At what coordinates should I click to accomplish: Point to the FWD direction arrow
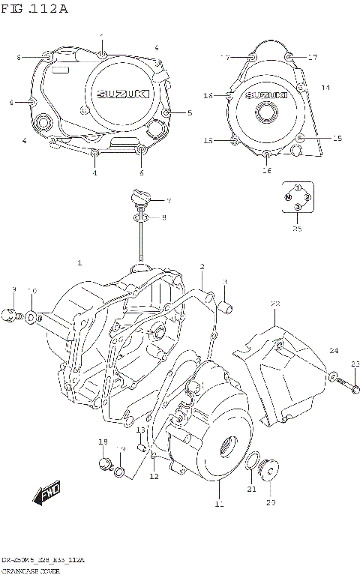click(47, 496)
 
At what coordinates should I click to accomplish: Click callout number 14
click(325, 88)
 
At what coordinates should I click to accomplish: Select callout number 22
click(275, 304)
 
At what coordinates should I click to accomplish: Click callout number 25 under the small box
click(298, 229)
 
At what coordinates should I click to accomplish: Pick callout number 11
click(219, 505)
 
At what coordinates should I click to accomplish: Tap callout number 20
click(271, 502)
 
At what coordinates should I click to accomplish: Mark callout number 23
click(355, 364)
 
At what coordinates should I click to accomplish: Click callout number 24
click(334, 351)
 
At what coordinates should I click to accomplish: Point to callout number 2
click(202, 267)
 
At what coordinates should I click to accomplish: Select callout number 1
click(79, 263)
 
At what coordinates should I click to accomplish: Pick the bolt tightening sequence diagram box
click(298, 196)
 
